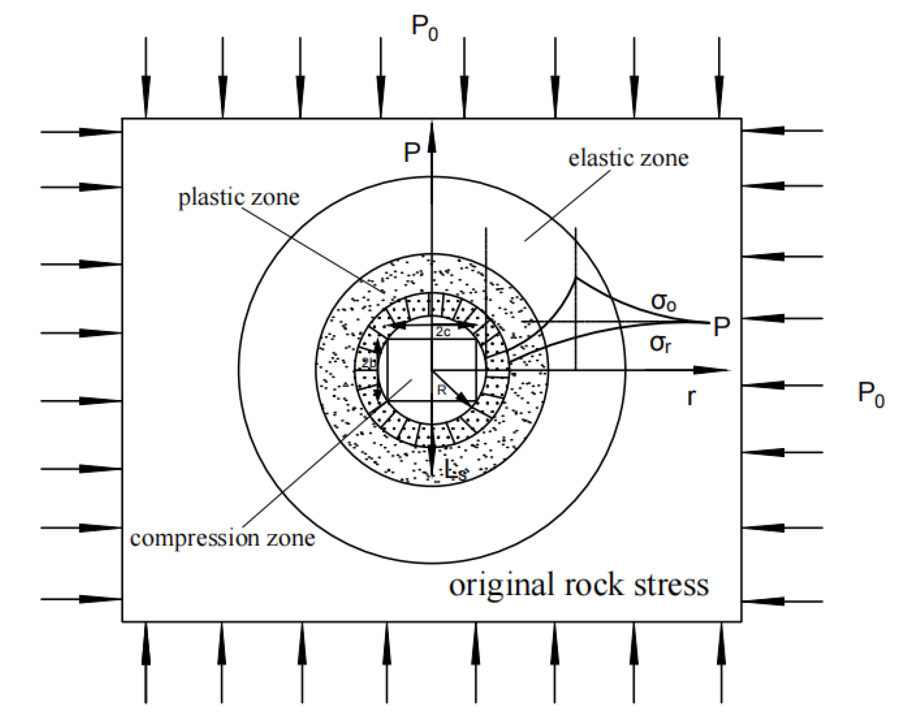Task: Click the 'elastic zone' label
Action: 628,158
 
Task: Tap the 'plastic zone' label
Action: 239,197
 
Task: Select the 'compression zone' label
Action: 222,538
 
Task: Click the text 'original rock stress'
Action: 578,585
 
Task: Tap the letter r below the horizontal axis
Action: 691,396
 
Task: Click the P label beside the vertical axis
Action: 412,153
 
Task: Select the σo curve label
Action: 664,301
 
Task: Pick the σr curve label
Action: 660,343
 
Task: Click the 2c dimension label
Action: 443,332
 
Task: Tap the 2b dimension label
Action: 368,363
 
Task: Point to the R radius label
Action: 441,390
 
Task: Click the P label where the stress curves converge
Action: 721,326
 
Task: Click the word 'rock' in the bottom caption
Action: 594,585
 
